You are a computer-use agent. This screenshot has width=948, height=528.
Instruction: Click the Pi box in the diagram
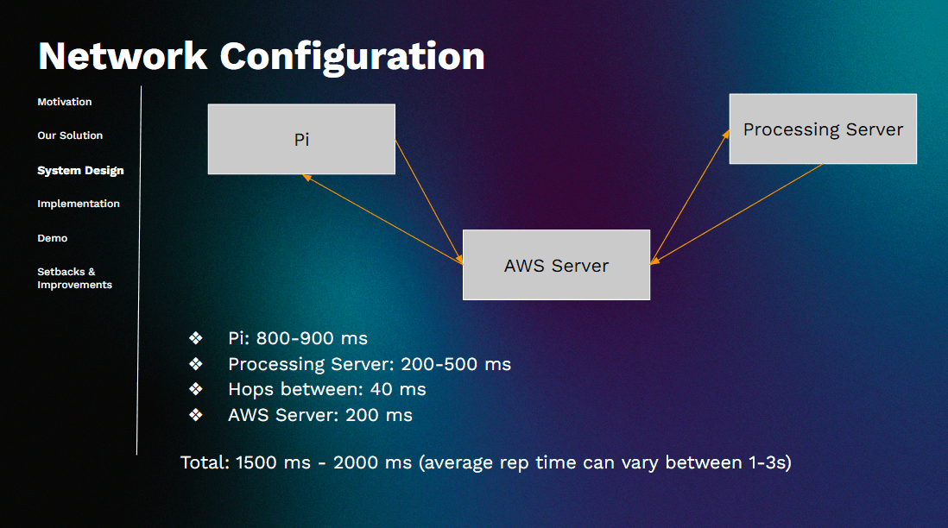click(301, 139)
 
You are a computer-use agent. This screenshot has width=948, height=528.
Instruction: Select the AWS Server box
click(556, 265)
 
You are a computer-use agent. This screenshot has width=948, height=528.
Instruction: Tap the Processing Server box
click(823, 129)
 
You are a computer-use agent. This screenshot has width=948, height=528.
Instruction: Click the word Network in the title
click(123, 56)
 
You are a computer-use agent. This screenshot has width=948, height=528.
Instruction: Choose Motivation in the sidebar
click(65, 102)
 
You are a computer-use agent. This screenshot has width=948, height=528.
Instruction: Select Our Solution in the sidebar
click(70, 135)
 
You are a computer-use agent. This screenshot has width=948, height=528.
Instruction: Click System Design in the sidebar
click(80, 170)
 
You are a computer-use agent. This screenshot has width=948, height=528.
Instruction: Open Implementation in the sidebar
click(79, 204)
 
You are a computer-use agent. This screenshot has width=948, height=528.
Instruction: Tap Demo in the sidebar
click(53, 238)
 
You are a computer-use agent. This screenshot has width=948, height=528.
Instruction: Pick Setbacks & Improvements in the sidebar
click(75, 278)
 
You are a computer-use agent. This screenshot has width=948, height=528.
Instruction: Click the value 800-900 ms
click(312, 338)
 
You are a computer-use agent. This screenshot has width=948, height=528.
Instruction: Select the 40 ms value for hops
click(398, 390)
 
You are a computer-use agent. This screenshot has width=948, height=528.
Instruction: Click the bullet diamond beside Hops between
click(196, 389)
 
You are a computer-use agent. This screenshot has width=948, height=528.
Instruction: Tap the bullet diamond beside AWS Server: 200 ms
click(196, 415)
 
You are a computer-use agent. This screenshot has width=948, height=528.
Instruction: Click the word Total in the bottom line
click(205, 462)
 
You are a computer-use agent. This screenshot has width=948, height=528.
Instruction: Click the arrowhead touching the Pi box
click(307, 178)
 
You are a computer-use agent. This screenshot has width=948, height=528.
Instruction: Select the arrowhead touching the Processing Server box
click(726, 135)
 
